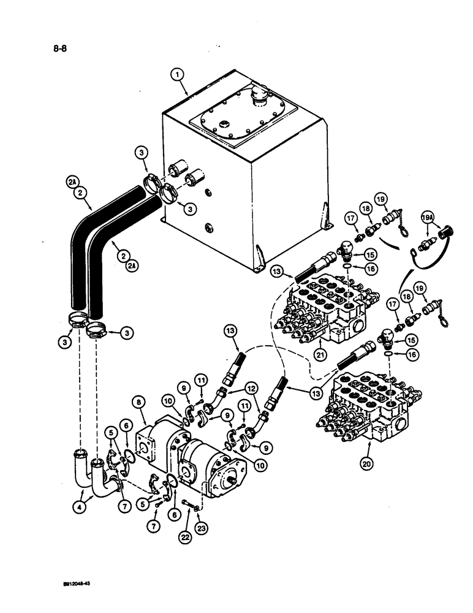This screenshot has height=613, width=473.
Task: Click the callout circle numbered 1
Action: [x=177, y=75]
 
